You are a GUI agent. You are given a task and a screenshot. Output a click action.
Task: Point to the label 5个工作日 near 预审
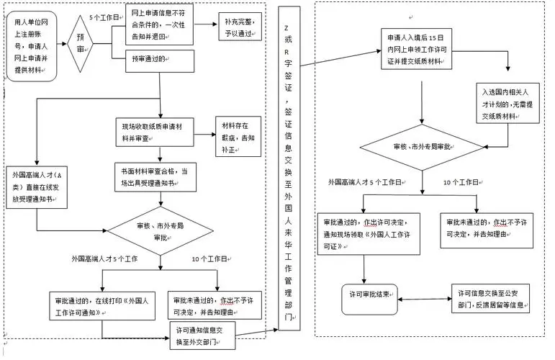(x=104, y=17)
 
